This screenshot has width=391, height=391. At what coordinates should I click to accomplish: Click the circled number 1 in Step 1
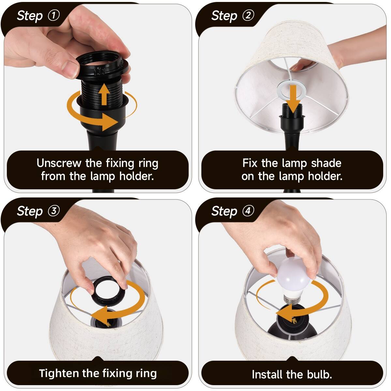click(x=54, y=15)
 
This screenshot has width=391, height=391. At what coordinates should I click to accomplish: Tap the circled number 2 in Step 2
click(x=248, y=15)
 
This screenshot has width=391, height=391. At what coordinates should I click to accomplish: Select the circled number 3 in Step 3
click(x=54, y=211)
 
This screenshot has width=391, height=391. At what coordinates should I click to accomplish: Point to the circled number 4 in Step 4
click(x=248, y=211)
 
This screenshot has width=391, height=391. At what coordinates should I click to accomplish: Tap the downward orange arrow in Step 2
click(x=295, y=98)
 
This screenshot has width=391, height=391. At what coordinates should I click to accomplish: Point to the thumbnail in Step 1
click(x=70, y=68)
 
